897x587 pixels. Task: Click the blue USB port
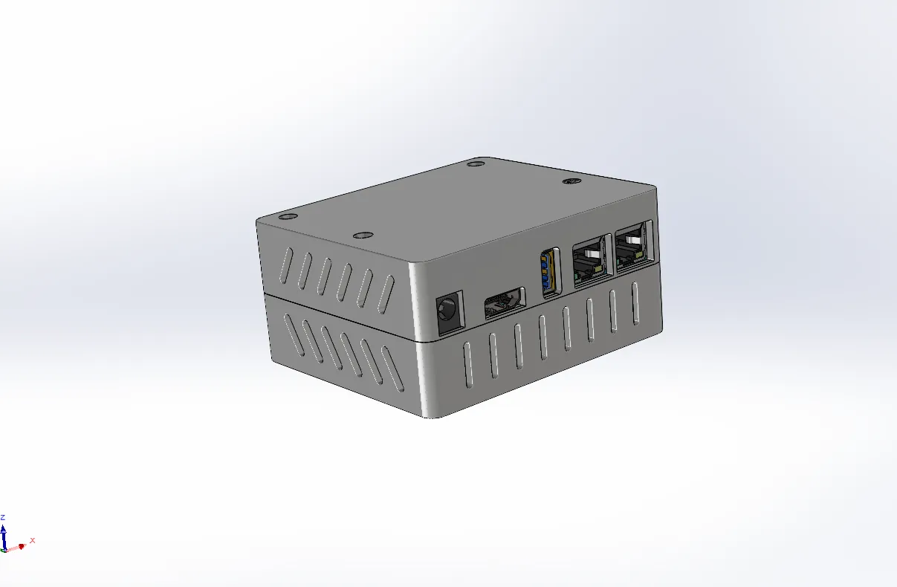[x=550, y=272]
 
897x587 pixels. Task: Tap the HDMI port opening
[x=505, y=303]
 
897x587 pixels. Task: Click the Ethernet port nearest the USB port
[x=592, y=260]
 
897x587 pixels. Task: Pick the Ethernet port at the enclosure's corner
[x=635, y=245]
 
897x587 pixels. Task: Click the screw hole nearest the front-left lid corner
[x=288, y=217]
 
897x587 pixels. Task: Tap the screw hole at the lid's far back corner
[x=476, y=163]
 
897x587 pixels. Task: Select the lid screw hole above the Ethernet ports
[x=571, y=181]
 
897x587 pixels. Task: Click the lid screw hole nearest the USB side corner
[x=363, y=236]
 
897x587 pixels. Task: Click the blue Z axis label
[x=2, y=517]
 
